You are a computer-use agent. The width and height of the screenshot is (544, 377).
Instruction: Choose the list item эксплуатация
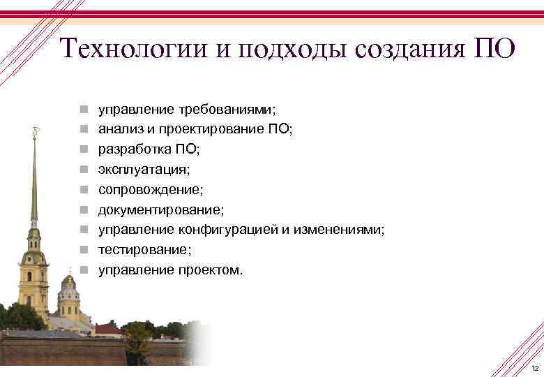click(143, 169)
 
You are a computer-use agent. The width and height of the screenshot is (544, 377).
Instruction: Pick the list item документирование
click(161, 209)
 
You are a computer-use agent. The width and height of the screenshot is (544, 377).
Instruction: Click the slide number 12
click(534, 368)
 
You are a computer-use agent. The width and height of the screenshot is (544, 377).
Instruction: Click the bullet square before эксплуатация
click(83, 170)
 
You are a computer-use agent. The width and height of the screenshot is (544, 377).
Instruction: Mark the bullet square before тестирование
click(83, 250)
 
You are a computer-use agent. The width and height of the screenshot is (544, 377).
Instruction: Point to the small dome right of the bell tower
click(68, 281)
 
